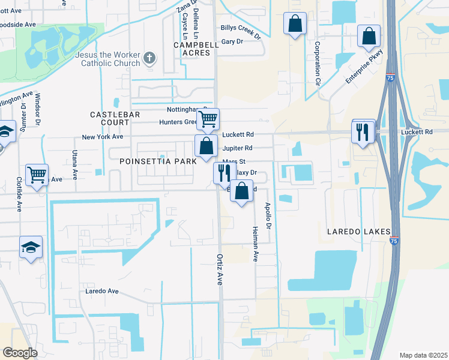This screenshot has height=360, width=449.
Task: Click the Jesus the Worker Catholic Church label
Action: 98,58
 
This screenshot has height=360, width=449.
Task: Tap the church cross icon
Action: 149,59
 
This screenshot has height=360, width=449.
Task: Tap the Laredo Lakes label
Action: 358,231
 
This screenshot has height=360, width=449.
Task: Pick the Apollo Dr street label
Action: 268,217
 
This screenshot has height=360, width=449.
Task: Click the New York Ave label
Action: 103,137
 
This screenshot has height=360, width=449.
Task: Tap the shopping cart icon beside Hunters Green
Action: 208,119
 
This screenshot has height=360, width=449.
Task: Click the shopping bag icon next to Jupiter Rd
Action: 206,146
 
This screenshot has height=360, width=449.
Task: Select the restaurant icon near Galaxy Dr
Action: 224,173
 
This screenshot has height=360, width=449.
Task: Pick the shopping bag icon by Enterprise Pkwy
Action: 368,36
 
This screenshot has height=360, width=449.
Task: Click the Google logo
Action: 20,353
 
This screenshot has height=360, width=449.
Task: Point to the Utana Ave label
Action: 75,165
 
